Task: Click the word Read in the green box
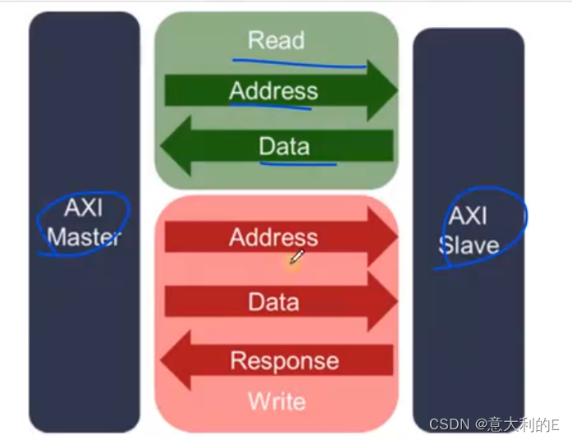point(276,40)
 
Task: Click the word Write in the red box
point(277,401)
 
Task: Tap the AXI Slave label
point(469,230)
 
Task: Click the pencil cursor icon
point(296,258)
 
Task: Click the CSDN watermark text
point(493,424)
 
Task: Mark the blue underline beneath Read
point(300,62)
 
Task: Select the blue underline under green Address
point(271,105)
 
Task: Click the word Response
point(284,360)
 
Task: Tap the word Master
point(84,237)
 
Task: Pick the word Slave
point(469,245)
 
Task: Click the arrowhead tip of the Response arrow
point(162,360)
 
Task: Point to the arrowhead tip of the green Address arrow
point(396,90)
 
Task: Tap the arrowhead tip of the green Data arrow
point(162,147)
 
